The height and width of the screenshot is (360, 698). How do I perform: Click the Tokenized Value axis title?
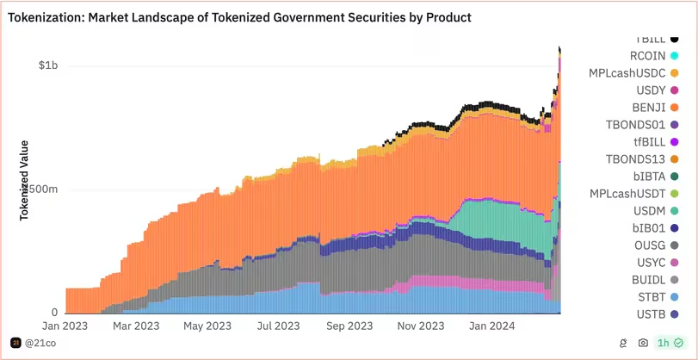(25, 181)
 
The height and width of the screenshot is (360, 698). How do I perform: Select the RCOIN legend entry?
(647, 56)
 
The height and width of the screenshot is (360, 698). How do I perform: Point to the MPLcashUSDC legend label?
(628, 73)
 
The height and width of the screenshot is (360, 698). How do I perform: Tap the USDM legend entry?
(648, 211)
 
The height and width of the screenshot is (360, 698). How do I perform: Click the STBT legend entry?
(651, 297)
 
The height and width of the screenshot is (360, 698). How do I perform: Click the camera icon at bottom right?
(643, 343)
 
